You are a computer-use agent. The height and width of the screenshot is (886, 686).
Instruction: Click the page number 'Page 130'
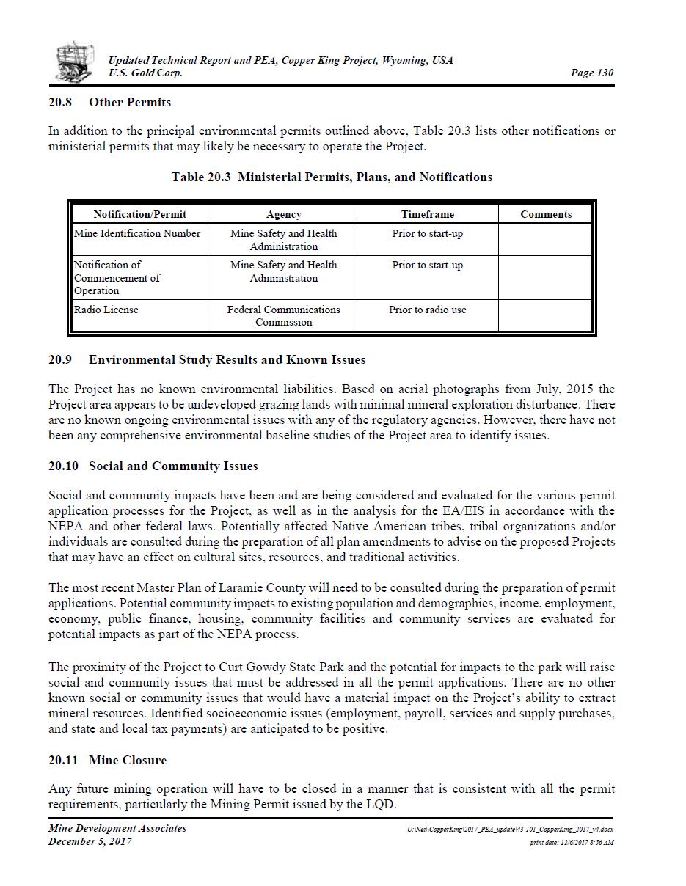coord(591,73)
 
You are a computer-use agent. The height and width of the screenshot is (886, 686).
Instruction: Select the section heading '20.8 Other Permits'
coord(109,102)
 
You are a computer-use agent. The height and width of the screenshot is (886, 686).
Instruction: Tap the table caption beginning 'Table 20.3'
coord(332,177)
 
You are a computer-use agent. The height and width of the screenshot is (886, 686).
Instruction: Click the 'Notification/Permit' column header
coord(140,214)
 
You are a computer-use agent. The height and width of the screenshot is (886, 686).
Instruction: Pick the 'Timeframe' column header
coord(427,214)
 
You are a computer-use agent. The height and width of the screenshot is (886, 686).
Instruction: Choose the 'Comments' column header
coord(546,214)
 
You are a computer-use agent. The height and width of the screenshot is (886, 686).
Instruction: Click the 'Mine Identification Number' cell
coord(137,233)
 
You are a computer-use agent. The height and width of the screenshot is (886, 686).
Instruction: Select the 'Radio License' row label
coord(106,310)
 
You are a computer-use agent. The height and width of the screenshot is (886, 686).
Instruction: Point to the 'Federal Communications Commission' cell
coord(284,315)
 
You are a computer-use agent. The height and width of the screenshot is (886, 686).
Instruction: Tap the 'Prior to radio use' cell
coord(427,310)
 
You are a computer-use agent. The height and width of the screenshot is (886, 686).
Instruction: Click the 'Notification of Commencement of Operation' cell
coord(117,277)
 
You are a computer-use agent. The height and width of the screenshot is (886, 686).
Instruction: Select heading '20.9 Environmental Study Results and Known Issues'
coord(207,359)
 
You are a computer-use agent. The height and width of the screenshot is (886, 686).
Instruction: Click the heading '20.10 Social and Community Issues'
coord(153,466)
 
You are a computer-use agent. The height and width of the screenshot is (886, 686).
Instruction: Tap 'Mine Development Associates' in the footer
coord(117,828)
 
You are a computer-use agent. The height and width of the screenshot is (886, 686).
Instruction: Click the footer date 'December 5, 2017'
coord(90,841)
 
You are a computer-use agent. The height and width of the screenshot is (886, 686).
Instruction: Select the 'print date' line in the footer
coord(572,843)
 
